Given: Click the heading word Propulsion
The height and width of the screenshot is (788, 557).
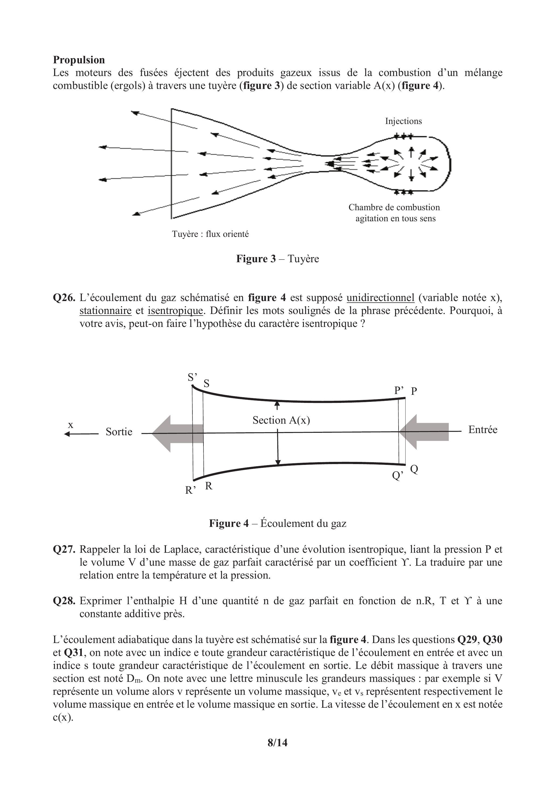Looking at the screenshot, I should point(79,60).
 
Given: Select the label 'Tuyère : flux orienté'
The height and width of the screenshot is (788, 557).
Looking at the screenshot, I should point(210,234).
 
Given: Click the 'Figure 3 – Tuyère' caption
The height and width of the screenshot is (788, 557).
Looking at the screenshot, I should point(277,258).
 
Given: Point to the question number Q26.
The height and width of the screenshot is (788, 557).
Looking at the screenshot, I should point(64,298).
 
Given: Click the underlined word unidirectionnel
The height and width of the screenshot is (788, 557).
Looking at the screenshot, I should point(380,298).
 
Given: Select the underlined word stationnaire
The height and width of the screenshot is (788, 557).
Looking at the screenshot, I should point(105,311).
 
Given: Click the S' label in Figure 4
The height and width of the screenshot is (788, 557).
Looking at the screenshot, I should point(192,378).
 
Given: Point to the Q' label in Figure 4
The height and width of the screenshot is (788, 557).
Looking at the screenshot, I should point(397,476).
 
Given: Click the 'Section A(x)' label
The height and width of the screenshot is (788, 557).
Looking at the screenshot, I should point(281,420).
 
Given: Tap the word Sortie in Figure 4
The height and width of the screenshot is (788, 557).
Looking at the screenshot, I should point(119,432).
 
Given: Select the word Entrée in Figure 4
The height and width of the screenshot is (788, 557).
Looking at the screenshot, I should point(483,430).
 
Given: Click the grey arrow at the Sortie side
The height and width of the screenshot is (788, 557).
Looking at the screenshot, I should point(177,433).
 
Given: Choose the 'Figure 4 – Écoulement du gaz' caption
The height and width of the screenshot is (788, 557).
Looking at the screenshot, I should point(278,523).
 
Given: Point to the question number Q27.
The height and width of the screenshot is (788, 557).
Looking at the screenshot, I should point(64,549).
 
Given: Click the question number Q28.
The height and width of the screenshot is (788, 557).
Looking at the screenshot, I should point(64,601).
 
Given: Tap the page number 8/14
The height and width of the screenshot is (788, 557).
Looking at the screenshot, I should point(278,743).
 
